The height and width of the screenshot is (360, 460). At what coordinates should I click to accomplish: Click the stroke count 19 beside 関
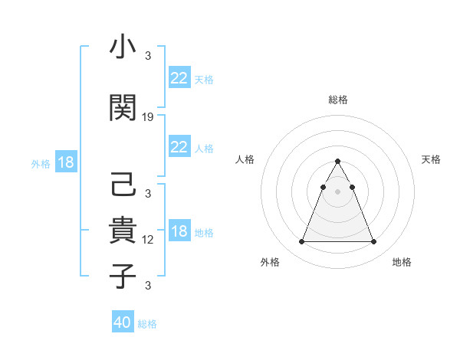(x=148, y=116)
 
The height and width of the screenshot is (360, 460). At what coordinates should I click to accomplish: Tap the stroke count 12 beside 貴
(x=148, y=240)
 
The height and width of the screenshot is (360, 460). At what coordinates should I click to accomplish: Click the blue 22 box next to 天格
(x=179, y=78)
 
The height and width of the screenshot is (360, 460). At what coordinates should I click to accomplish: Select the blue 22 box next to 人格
(x=179, y=147)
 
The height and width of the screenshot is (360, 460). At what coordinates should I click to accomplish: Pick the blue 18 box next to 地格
(x=179, y=232)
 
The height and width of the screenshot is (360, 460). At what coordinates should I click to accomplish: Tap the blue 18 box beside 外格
(x=65, y=163)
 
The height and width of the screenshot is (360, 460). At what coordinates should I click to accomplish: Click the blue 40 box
(x=123, y=322)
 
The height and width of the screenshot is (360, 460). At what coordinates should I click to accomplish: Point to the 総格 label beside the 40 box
(x=147, y=324)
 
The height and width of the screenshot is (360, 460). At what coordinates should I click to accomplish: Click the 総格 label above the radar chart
(x=338, y=100)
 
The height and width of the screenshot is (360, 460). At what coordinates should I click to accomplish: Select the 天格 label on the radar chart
(x=431, y=159)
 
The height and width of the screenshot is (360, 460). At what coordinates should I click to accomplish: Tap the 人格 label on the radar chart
(x=245, y=159)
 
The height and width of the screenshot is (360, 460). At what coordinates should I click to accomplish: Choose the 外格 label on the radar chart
(x=270, y=263)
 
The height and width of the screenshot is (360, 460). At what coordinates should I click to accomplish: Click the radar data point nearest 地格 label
(x=373, y=242)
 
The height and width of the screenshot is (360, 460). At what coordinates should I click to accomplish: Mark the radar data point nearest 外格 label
(x=301, y=242)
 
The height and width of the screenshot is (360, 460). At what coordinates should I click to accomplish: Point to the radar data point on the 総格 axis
(x=337, y=161)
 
